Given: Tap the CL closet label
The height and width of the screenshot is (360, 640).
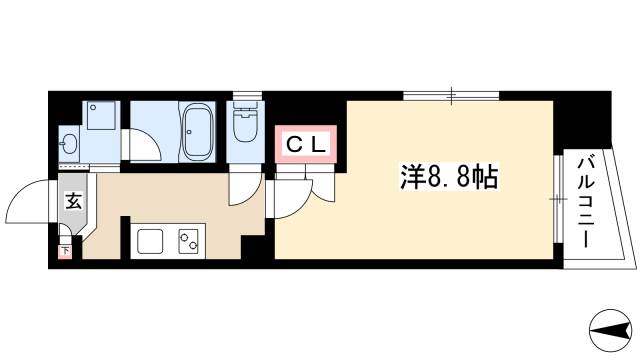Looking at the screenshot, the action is (x=307, y=145).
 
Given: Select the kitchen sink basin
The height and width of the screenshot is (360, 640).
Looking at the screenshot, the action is (x=151, y=242).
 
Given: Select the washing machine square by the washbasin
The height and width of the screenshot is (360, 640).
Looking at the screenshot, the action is (x=100, y=118).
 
